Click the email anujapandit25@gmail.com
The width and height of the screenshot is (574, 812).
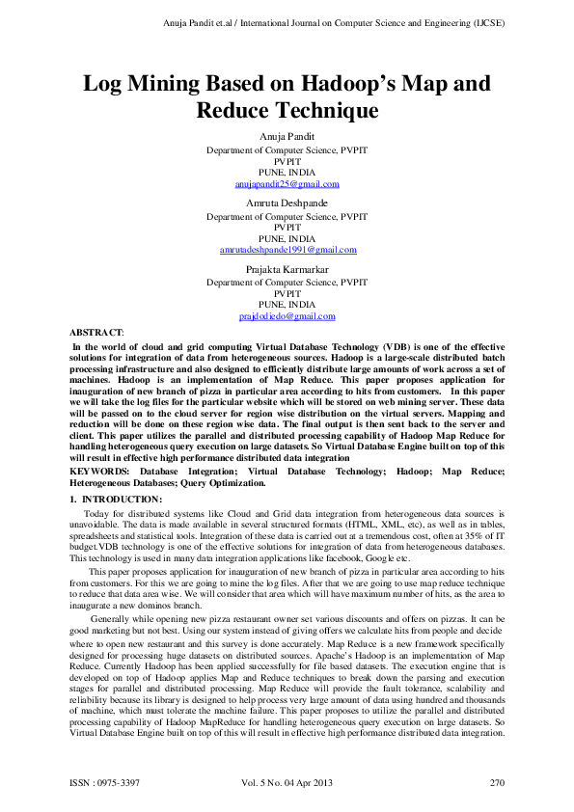click(x=287, y=183)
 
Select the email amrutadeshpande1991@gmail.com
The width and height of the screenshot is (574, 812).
click(x=287, y=250)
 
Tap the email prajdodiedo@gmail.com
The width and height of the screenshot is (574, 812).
click(x=287, y=315)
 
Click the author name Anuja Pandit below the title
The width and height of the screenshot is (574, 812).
click(x=287, y=136)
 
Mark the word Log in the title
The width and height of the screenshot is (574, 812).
click(x=103, y=84)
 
